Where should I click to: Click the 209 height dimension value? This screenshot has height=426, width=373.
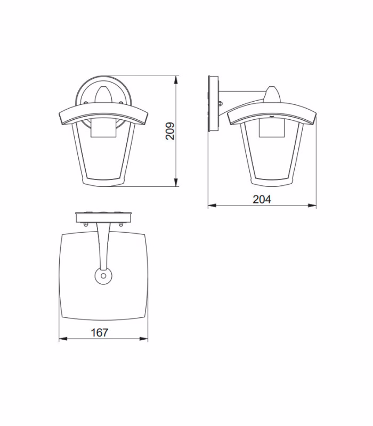point(170,131)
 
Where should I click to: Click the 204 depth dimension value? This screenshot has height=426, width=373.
point(262,199)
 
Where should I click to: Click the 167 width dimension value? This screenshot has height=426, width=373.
point(100,332)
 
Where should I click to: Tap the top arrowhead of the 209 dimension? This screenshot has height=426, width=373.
point(176,80)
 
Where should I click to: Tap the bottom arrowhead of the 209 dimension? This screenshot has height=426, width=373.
point(176,182)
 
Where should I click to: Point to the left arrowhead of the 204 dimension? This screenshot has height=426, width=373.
point(212,206)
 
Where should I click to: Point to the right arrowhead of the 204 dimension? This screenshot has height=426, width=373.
point(312,206)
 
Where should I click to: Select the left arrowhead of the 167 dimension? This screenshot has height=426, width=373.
point(63,339)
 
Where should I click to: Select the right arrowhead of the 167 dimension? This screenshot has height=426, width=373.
point(143,339)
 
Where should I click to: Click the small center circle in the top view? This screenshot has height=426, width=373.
point(103,276)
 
